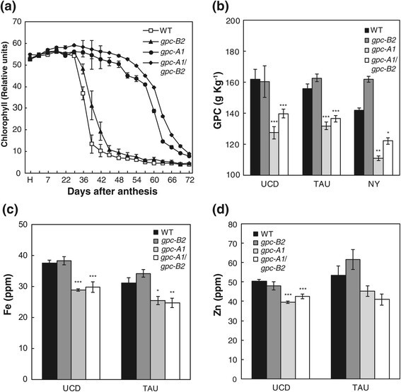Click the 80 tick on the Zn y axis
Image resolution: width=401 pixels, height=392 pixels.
236,225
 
